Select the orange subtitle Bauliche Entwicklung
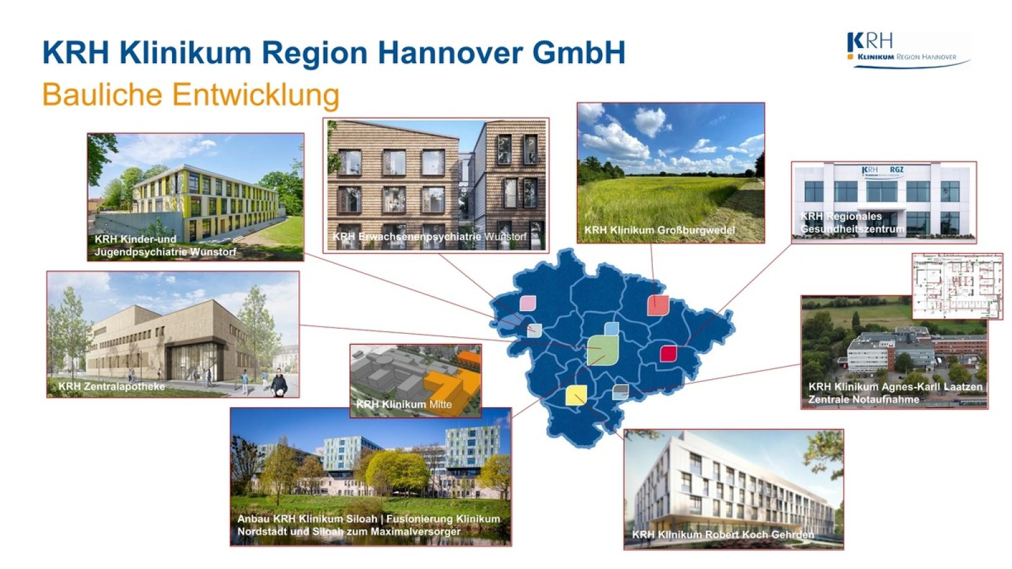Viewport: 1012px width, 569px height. pyautogui.click(x=190, y=95)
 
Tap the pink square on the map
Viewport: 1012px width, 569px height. pyautogui.click(x=528, y=303)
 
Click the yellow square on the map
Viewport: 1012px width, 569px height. pyautogui.click(x=576, y=395)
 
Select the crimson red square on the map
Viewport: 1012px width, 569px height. pyautogui.click(x=669, y=353)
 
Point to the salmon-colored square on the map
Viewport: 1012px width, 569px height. pyautogui.click(x=658, y=305)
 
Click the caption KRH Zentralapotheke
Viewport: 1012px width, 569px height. pyautogui.click(x=111, y=386)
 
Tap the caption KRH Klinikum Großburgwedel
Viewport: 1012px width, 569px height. pyautogui.click(x=659, y=230)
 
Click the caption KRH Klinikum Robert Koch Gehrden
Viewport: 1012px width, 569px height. pyautogui.click(x=723, y=535)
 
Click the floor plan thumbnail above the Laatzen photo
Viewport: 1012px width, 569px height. pyautogui.click(x=957, y=286)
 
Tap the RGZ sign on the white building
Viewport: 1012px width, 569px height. pyautogui.click(x=897, y=169)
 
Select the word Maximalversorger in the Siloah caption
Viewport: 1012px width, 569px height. pyautogui.click(x=416, y=532)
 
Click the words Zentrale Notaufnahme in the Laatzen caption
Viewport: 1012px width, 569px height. pyautogui.click(x=863, y=399)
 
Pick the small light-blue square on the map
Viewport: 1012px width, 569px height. pyautogui.click(x=611, y=329)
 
